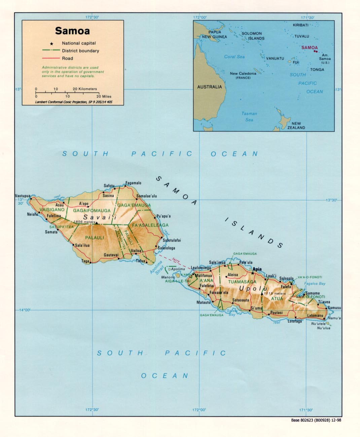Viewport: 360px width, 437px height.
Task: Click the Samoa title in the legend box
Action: pyautogui.click(x=72, y=31)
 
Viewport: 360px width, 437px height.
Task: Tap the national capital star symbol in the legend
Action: pyautogui.click(x=51, y=44)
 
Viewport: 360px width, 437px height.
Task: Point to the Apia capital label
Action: pyautogui.click(x=257, y=269)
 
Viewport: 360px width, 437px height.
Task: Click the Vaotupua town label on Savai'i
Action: pyautogui.click(x=23, y=196)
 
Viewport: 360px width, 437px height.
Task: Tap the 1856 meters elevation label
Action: pyautogui.click(x=84, y=222)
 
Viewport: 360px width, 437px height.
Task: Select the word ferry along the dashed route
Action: pyautogui.click(x=176, y=260)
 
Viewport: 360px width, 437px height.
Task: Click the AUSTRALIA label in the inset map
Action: pyautogui.click(x=209, y=87)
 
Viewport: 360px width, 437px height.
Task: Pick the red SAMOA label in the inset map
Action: pyautogui.click(x=309, y=48)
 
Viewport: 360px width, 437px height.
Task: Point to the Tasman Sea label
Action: pyautogui.click(x=249, y=117)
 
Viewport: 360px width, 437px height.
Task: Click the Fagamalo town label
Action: pyautogui.click(x=133, y=183)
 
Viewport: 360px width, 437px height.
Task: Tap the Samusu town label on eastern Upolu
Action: pyautogui.click(x=334, y=308)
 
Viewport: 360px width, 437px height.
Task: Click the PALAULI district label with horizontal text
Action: pyautogui.click(x=95, y=238)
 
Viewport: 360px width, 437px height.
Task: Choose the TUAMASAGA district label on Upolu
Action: pyautogui.click(x=242, y=282)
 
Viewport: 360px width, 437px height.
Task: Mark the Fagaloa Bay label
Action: pyautogui.click(x=315, y=284)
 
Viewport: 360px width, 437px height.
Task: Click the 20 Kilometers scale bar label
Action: pyautogui.click(x=85, y=89)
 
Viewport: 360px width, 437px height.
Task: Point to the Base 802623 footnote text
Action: pyautogui.click(x=316, y=420)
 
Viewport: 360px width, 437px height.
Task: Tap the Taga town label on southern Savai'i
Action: pyautogui.click(x=85, y=261)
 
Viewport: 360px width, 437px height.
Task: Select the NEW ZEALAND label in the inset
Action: pyautogui.click(x=296, y=125)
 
